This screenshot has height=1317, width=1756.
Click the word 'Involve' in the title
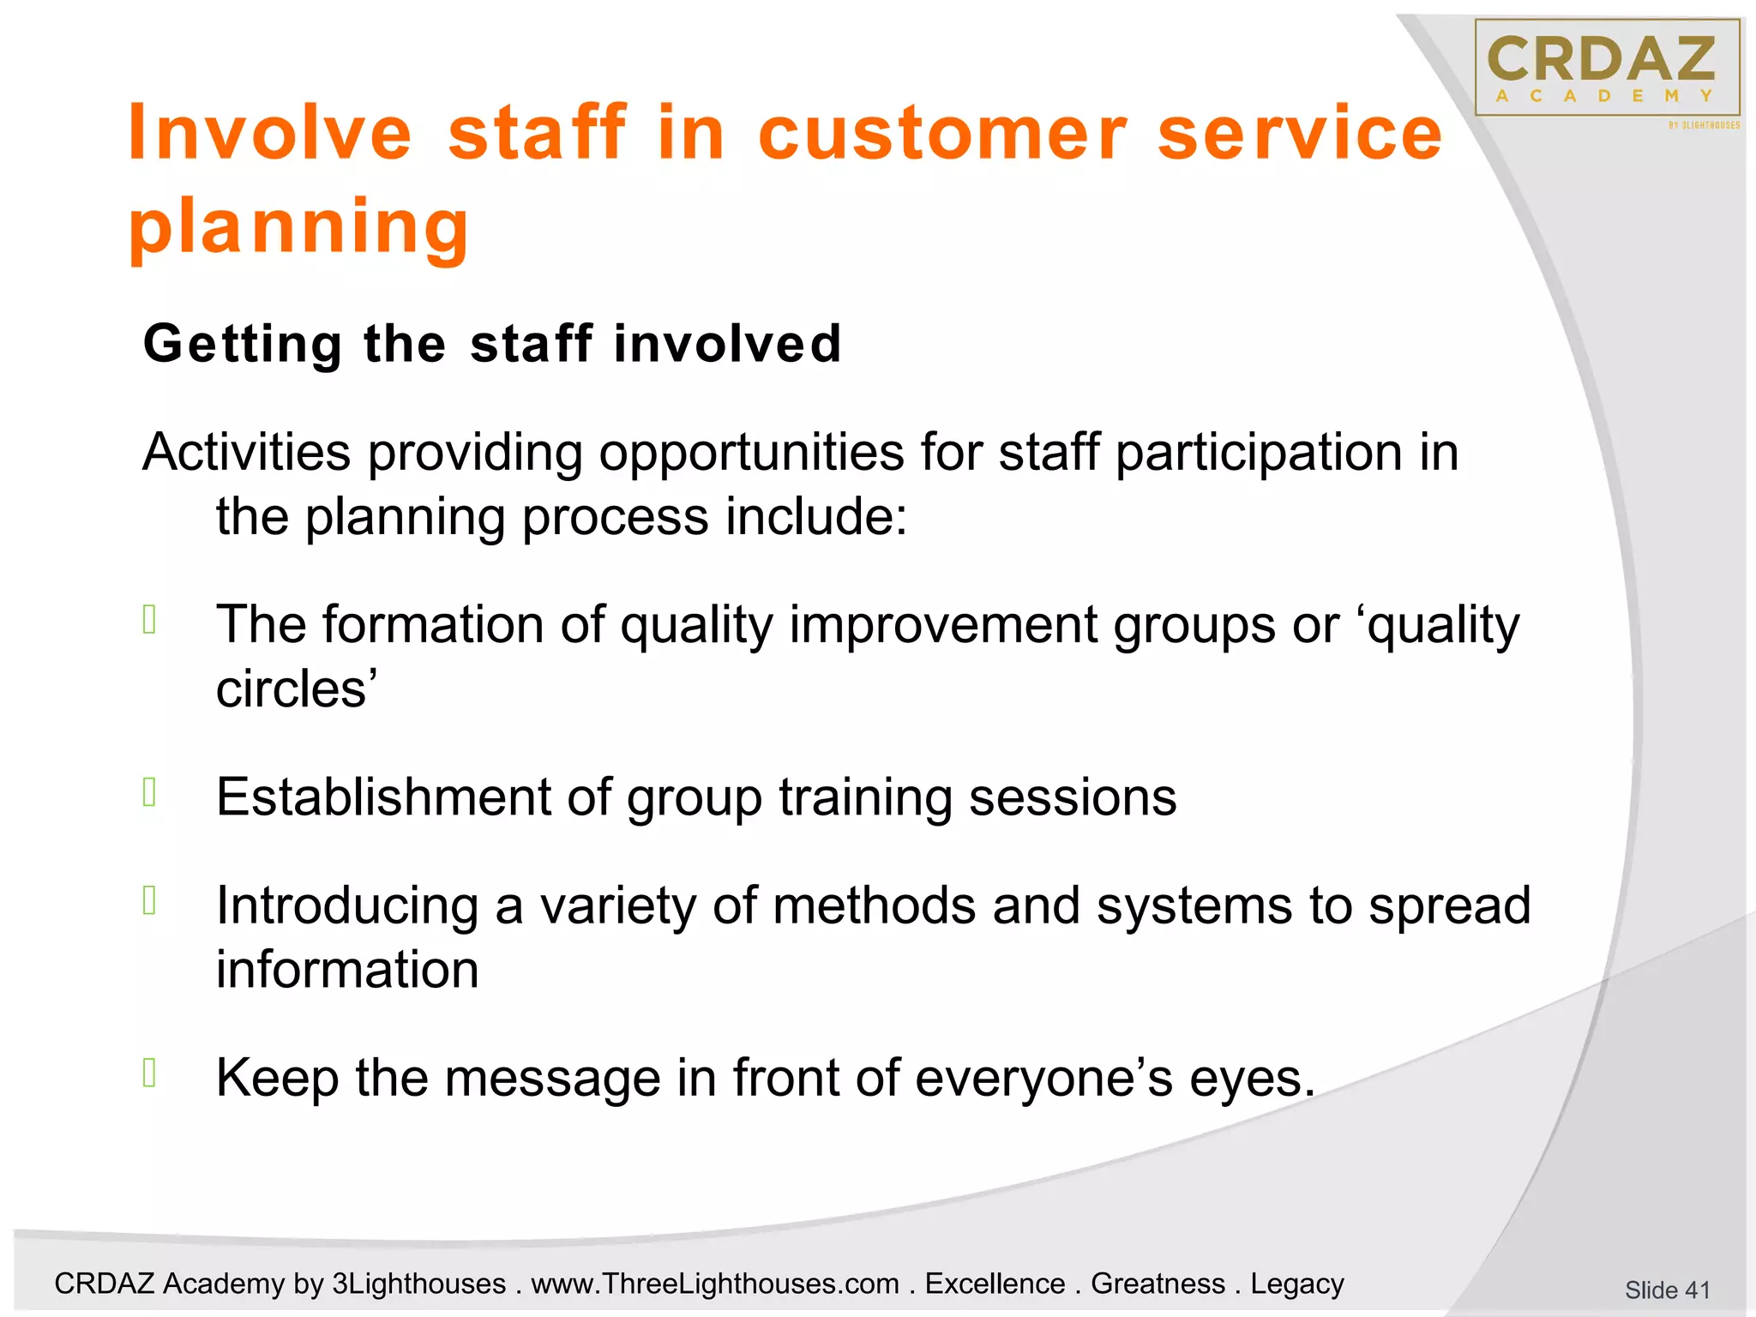(269, 133)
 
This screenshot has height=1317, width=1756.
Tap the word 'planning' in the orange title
(298, 227)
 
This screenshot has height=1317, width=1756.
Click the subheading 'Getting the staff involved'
(492, 344)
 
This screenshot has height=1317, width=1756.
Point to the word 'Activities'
(247, 452)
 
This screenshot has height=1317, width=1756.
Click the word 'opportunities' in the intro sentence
(751, 452)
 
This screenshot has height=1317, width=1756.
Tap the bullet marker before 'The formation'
(150, 619)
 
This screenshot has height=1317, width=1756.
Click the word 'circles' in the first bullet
(292, 689)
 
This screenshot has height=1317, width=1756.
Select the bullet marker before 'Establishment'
(150, 792)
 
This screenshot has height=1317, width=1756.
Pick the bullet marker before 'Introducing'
(150, 900)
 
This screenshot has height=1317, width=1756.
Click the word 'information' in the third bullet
(347, 970)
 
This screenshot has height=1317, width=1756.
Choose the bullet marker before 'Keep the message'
(150, 1073)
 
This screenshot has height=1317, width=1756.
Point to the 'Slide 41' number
(1667, 1290)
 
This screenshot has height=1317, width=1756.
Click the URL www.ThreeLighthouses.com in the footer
(715, 1284)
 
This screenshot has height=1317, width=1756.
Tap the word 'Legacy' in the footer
(1296, 1284)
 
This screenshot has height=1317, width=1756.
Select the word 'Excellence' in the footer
(995, 1284)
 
